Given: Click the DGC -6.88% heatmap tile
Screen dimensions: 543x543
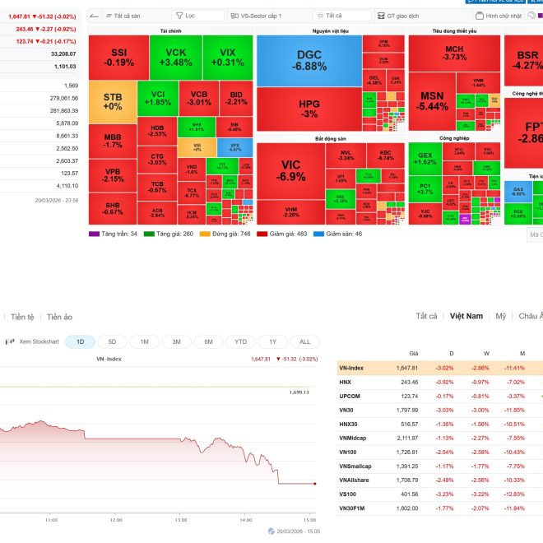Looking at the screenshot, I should (309, 60).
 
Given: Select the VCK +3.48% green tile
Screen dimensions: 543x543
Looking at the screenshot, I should (177, 58).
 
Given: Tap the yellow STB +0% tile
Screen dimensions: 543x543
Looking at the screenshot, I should (113, 101).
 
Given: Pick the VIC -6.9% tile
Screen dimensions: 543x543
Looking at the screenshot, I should (290, 171).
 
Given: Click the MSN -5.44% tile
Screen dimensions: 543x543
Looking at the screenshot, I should (432, 100).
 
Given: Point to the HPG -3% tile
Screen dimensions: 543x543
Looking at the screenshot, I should (309, 109).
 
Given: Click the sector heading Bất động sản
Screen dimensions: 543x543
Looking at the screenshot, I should (330, 138).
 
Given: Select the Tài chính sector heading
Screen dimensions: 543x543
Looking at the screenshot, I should (170, 30).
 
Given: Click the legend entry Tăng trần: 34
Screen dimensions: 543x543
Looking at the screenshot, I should (114, 234).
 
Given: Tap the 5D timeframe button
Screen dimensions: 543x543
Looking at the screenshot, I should (112, 341).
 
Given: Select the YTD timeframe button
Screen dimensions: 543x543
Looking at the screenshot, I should (240, 341).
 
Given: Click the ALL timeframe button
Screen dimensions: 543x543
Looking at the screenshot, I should (304, 341).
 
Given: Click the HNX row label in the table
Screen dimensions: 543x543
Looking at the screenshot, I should (346, 382).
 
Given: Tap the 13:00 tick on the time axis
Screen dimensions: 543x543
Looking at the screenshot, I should (181, 520).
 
